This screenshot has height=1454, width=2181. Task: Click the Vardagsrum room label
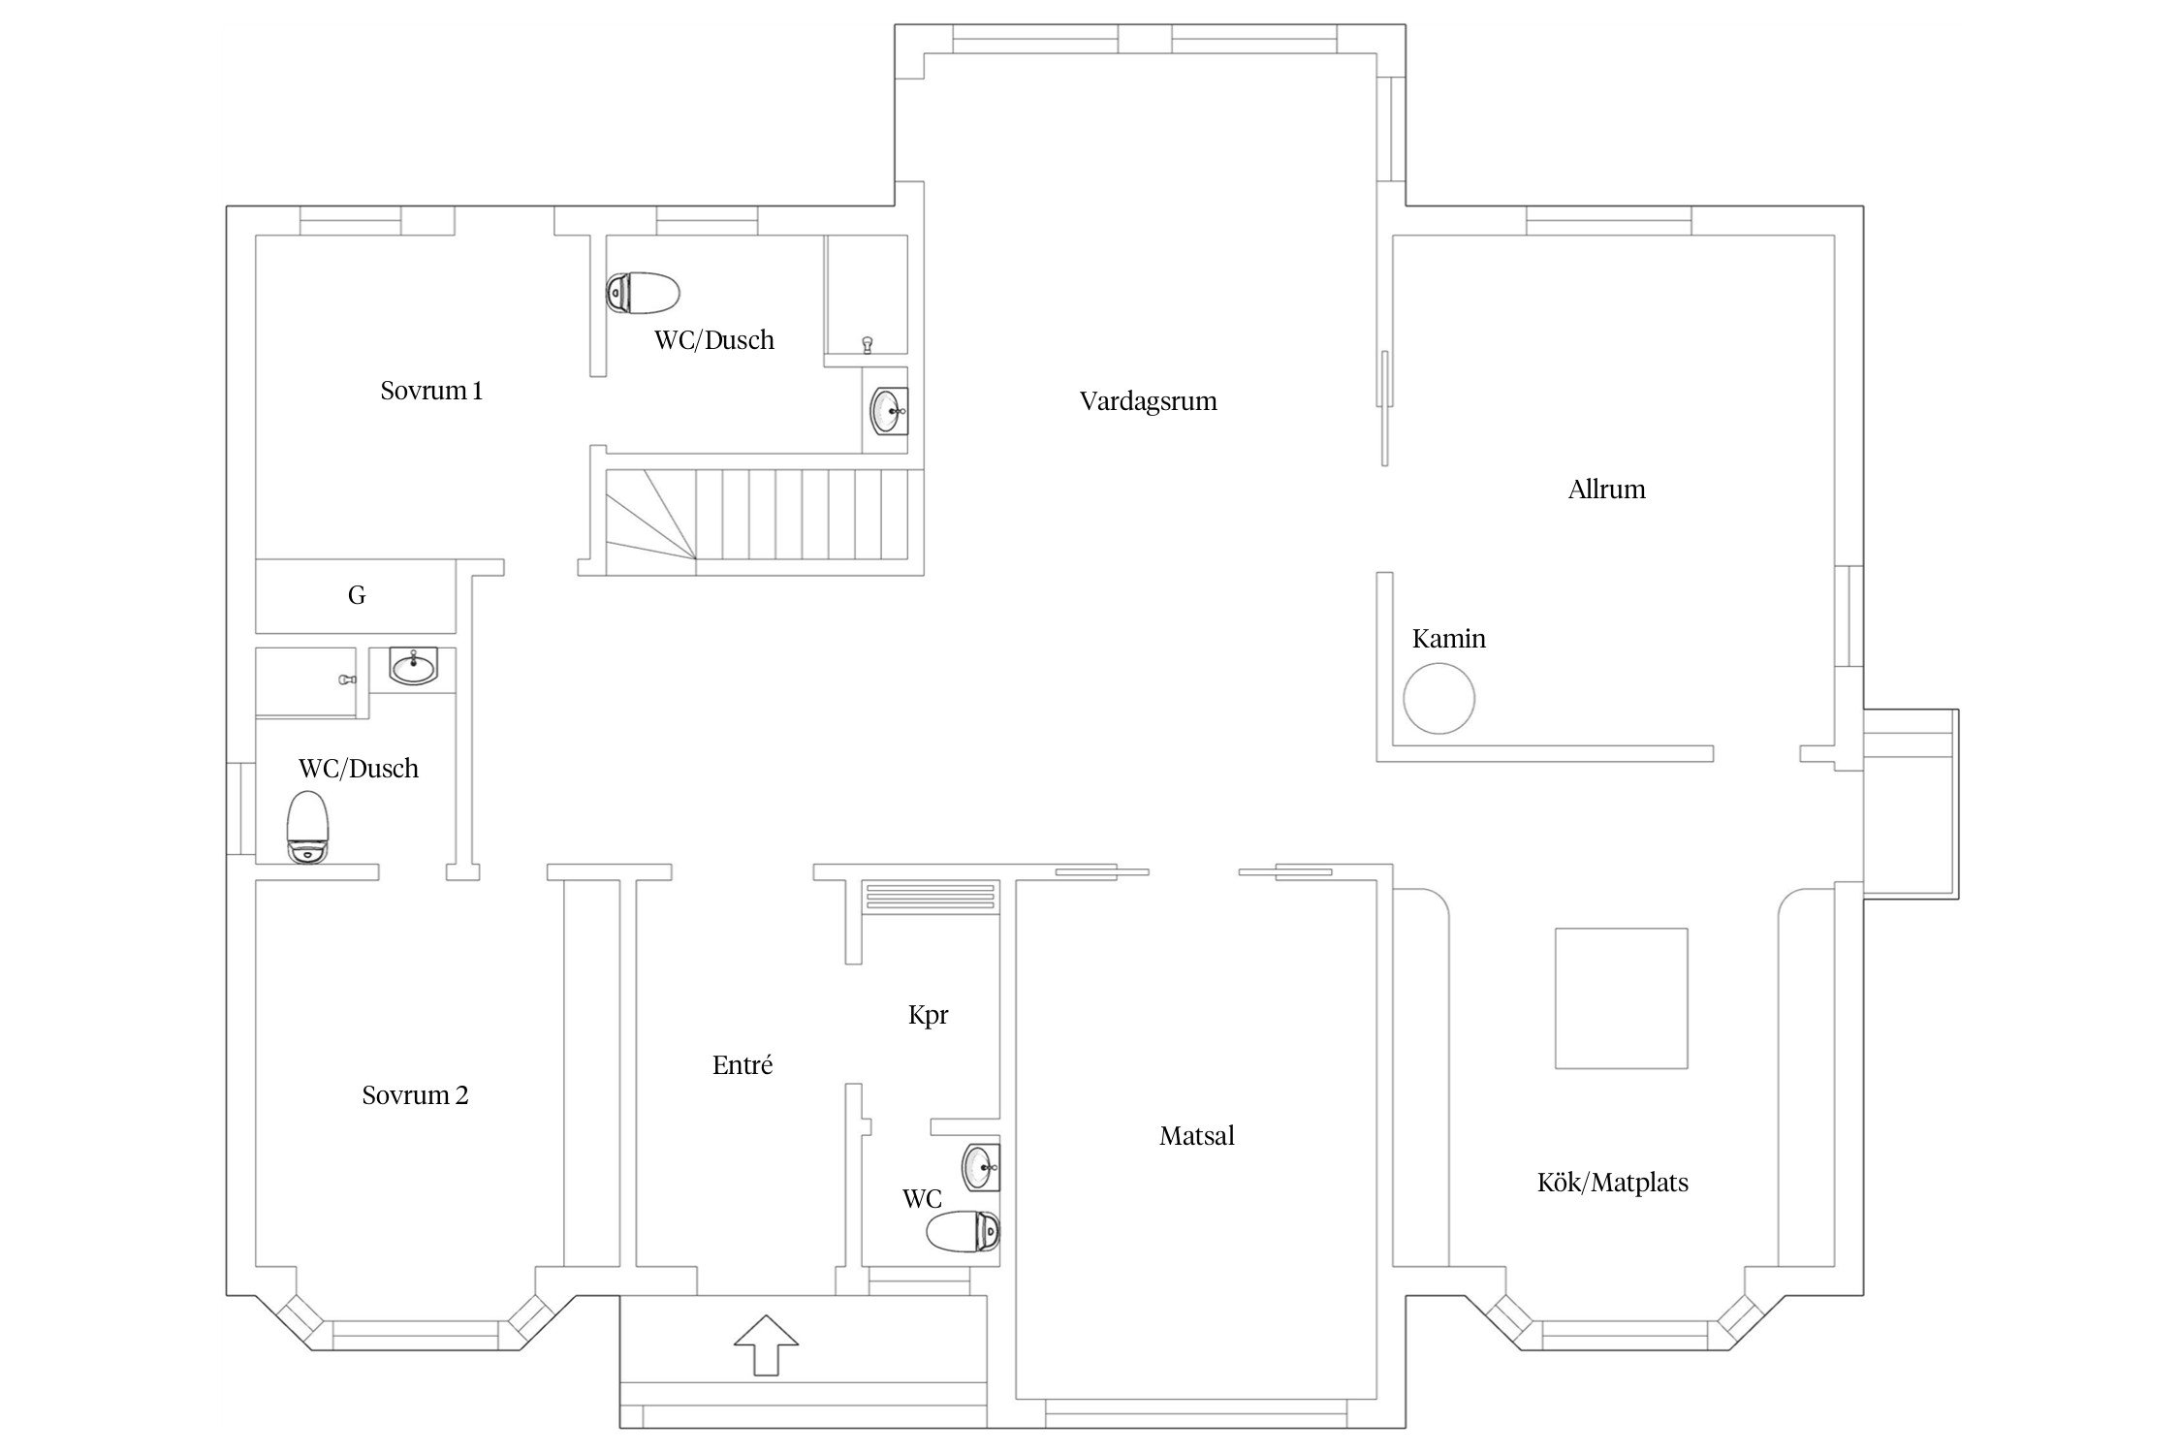click(x=1148, y=401)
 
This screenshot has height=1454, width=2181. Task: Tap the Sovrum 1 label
click(x=431, y=391)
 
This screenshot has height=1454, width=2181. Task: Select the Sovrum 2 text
click(x=415, y=1095)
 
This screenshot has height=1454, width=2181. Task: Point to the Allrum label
click(x=1606, y=490)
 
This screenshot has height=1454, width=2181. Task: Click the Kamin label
click(x=1448, y=639)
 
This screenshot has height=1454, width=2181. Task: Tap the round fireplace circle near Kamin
click(x=1439, y=698)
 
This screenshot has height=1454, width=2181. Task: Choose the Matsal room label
click(x=1196, y=1136)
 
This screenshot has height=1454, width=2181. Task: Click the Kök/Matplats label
click(x=1613, y=1183)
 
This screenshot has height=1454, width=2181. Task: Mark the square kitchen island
click(x=1621, y=998)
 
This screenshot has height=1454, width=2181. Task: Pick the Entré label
click(x=743, y=1065)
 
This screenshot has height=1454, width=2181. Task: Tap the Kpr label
click(x=928, y=1015)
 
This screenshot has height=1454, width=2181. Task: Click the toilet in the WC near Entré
click(x=963, y=1231)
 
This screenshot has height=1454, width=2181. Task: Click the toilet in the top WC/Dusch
click(x=643, y=292)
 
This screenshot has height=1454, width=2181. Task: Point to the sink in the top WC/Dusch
click(x=889, y=411)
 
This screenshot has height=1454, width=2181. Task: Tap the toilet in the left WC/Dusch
click(x=308, y=827)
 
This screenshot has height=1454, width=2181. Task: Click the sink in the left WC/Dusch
click(x=414, y=666)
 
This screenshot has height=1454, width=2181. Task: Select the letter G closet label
click(x=357, y=595)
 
